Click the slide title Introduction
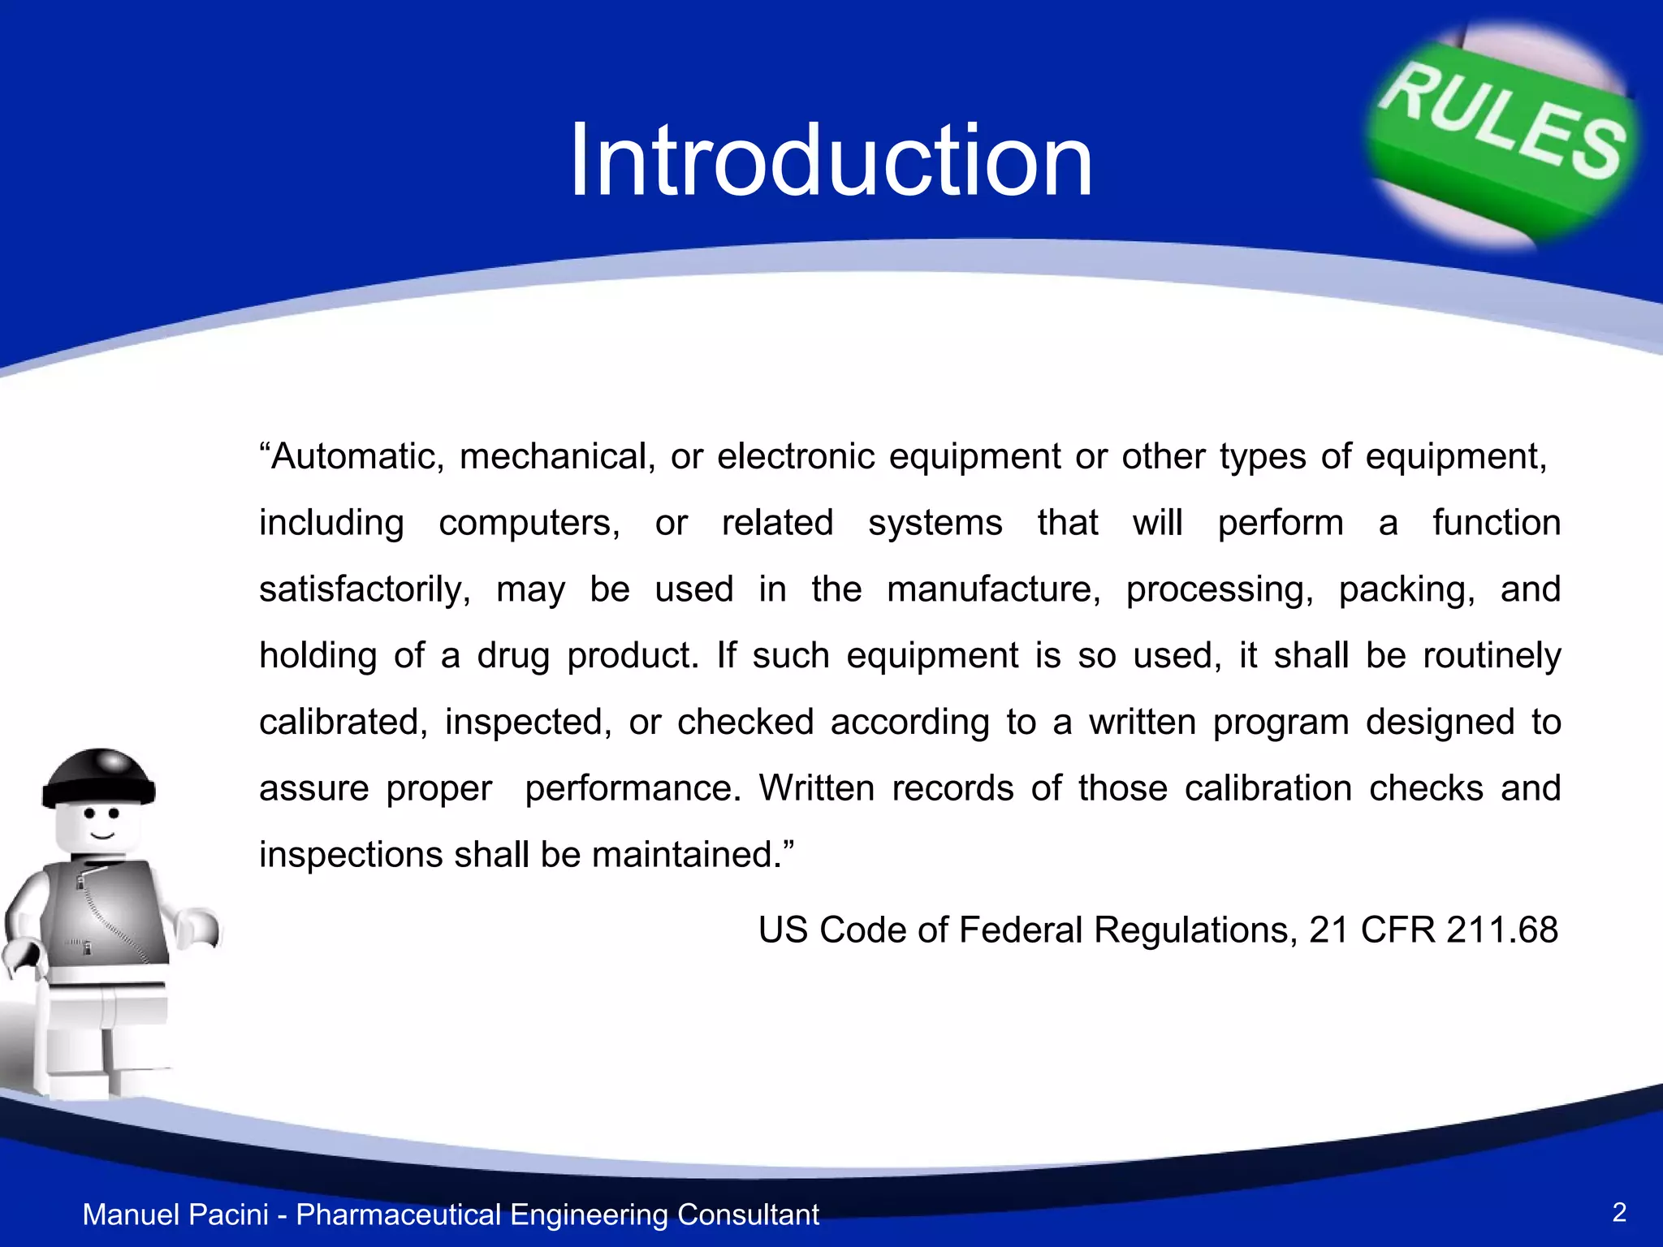point(831,160)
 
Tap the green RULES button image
point(1503,130)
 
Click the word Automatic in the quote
point(357,457)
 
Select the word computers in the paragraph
point(529,524)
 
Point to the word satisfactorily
point(365,590)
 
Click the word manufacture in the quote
point(993,589)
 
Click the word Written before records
point(817,788)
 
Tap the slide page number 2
point(1619,1212)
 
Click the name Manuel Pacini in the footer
point(175,1215)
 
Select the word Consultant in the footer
point(748,1215)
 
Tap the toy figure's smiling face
point(101,824)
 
